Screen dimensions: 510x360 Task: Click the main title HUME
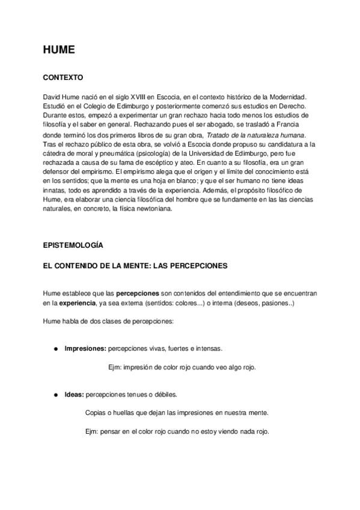coord(58,51)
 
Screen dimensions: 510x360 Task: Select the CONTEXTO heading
coord(63,78)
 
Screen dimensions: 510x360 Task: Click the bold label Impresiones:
coord(85,348)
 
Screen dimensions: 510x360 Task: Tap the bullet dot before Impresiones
coord(55,349)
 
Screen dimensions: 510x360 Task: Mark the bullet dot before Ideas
coord(55,395)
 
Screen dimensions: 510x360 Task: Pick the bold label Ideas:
coord(74,395)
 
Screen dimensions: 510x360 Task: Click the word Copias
coord(97,413)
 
